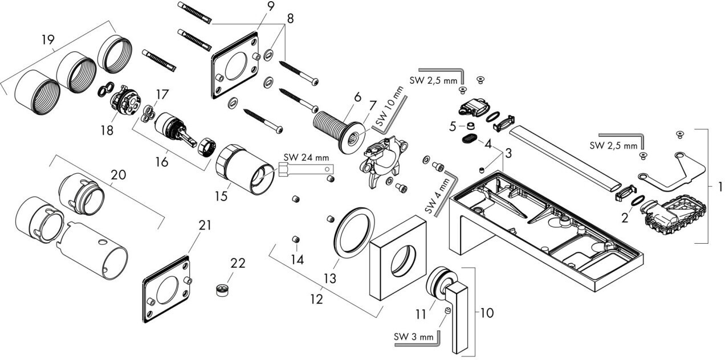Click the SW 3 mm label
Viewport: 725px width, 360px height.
point(414,337)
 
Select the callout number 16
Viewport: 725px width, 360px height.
point(161,162)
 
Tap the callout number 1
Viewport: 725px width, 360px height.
point(719,186)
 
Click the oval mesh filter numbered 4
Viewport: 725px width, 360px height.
point(469,138)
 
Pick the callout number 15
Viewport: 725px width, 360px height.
point(221,196)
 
